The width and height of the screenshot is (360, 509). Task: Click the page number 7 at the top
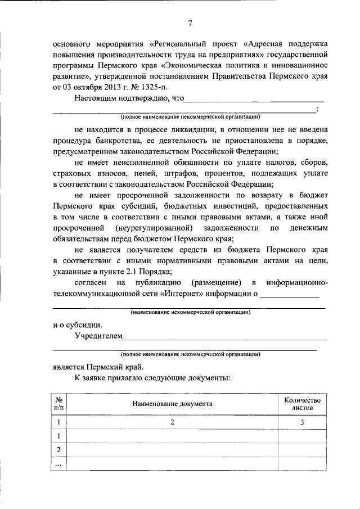point(190,23)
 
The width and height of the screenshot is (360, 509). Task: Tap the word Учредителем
point(98,336)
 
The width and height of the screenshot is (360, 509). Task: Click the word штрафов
point(178,173)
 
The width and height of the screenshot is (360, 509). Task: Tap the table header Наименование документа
point(172,404)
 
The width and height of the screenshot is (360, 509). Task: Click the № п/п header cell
point(58,404)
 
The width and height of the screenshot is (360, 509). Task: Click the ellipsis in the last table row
point(58,464)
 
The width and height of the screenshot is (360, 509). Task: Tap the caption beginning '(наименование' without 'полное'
point(190,312)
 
